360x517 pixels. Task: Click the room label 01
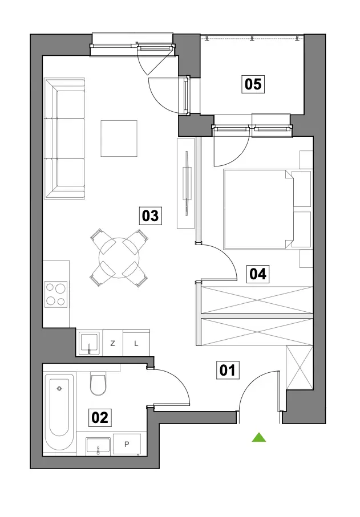point(228,370)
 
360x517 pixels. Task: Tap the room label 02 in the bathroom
point(100,417)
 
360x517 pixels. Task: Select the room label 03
point(151,216)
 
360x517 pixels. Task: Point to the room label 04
point(258,274)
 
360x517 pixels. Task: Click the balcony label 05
point(253,84)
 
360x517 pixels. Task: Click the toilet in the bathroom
point(98,384)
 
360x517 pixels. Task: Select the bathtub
point(59,414)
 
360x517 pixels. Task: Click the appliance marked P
point(127,445)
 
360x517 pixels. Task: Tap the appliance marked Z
point(112,343)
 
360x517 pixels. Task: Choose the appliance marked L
point(136,343)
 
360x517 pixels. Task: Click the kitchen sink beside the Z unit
point(89,343)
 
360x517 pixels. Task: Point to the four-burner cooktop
point(56,294)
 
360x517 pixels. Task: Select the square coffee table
point(119,139)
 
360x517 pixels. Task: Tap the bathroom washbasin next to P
point(98,446)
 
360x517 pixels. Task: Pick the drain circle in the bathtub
point(59,388)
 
